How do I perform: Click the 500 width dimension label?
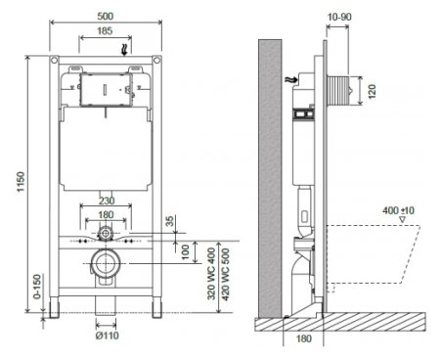(106, 16)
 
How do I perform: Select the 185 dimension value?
(105, 31)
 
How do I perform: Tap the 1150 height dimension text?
(21, 182)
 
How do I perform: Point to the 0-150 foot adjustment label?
(37, 287)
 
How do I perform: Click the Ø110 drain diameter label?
(108, 336)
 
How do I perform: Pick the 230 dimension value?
(107, 201)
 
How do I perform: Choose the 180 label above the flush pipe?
(106, 215)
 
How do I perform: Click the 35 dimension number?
(170, 221)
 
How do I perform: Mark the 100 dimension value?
(185, 251)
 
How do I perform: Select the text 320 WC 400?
(211, 274)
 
